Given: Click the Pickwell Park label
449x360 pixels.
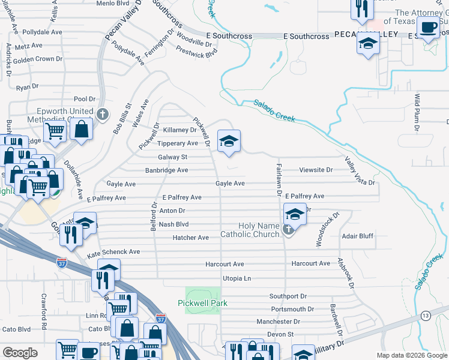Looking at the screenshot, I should click(202, 303).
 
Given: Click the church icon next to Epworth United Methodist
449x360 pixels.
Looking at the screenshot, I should click(102, 113).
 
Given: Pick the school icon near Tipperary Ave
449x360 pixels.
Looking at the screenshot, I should click(229, 142).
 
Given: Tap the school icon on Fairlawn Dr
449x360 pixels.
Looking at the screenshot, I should click(294, 214).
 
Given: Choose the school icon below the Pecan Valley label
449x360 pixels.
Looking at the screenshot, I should click(367, 44).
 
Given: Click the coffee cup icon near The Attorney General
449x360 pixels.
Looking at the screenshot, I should click(428, 28).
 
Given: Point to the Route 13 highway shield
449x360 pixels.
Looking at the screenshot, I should click(425, 316).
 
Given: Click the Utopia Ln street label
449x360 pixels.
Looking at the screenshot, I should click(237, 278).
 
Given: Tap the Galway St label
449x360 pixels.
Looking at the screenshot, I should click(173, 157).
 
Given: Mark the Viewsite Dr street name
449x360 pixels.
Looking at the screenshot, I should click(316, 170).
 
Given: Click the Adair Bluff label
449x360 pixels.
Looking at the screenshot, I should click(358, 236).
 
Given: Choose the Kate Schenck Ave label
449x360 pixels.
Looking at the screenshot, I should click(113, 252).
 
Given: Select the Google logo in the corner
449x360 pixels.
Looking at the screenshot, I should click(20, 353).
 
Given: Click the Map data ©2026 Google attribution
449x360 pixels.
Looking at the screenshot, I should click(411, 355).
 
